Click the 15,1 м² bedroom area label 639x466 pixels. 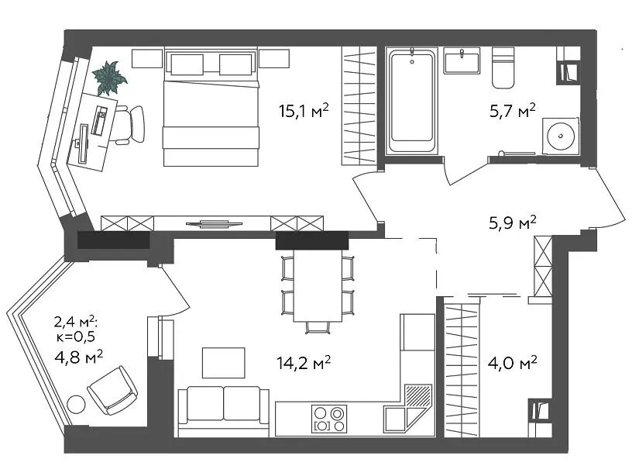[304, 111]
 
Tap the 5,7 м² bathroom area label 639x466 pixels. [513, 111]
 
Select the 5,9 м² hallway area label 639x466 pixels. [513, 223]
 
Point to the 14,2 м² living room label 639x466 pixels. [304, 362]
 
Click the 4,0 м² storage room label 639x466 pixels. [513, 362]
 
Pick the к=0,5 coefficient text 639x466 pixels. [76, 337]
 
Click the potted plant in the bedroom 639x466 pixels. [109, 78]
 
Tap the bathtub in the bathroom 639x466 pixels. [411, 101]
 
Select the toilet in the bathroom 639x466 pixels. [503, 67]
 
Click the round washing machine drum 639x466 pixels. [561, 136]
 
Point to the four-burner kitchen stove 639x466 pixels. [329, 419]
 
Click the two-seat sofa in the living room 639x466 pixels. [224, 407]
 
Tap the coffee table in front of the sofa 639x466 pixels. [224, 363]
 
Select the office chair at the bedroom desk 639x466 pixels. [130, 124]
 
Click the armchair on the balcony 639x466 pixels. [112, 391]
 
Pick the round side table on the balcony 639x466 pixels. [76, 406]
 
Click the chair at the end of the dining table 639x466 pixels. [318, 327]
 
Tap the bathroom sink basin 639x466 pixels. [462, 60]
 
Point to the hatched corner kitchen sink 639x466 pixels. [418, 397]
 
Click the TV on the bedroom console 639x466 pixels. [215, 223]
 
